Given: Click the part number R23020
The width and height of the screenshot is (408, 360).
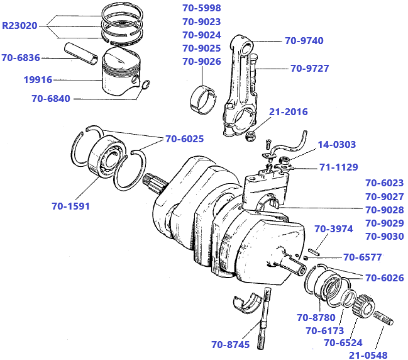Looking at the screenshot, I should point(20,26).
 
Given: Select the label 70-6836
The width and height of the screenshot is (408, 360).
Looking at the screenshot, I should point(21,58).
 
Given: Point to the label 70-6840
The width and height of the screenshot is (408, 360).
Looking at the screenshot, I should point(51,98).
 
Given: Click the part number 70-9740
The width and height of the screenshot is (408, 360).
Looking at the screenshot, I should point(304,41).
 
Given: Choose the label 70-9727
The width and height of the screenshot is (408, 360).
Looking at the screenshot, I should point(309,69).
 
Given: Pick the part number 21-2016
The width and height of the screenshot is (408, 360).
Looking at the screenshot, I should point(289,112).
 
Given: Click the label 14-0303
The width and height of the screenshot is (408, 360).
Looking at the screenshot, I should point(336,145).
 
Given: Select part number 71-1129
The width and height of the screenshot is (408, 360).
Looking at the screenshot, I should point(338,167).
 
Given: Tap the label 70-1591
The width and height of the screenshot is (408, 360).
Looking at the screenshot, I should point(70,205).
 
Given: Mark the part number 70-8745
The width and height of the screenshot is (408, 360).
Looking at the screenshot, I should point(231,344).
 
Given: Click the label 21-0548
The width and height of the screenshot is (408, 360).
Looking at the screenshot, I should point(368,355).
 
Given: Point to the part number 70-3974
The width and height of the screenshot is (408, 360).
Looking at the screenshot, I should point(333,229).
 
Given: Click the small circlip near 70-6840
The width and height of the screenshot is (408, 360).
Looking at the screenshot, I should point(145,86).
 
